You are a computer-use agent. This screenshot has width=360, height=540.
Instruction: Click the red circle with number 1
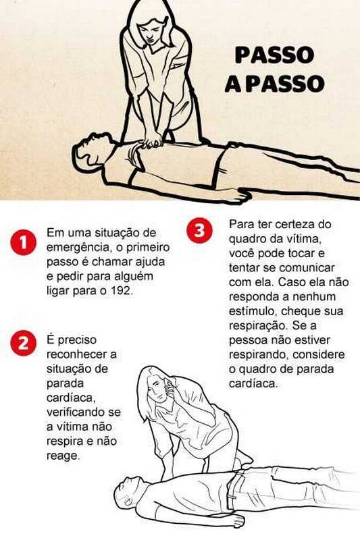[x=23, y=243]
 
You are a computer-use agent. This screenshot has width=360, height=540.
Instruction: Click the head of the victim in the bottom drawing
[x=128, y=490]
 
